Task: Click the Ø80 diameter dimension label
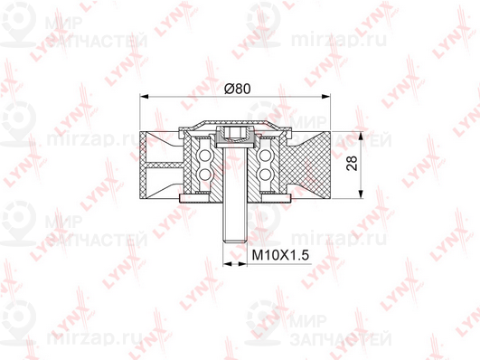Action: coord(237,89)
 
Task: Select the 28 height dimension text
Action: coord(353,164)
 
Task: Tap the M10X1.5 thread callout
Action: coord(280,254)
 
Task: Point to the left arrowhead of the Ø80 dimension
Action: coord(144,97)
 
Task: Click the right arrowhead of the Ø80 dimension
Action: coord(326,97)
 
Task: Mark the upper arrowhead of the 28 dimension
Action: coord(362,137)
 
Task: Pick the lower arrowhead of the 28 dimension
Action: coord(362,194)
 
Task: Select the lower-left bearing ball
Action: coord(202,175)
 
